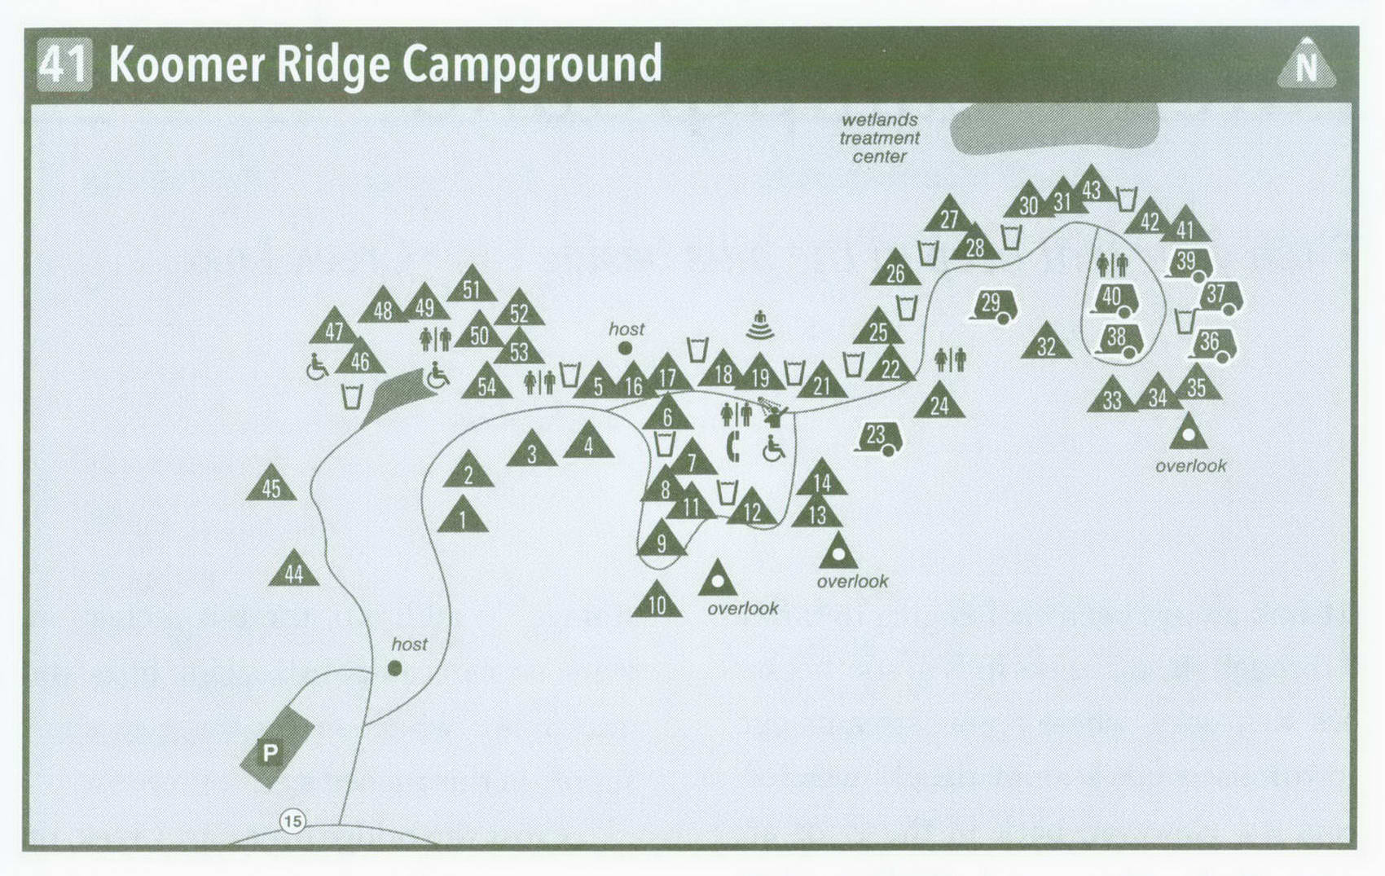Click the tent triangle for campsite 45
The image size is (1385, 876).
(271, 486)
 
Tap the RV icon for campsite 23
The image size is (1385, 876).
(879, 438)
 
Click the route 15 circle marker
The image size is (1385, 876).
(292, 821)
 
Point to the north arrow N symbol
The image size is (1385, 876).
(1306, 64)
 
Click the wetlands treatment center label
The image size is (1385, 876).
(879, 138)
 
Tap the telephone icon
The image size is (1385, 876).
(732, 447)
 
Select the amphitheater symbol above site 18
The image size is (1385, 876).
(759, 326)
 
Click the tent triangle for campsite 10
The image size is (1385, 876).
(657, 602)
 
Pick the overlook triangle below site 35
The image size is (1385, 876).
(1188, 434)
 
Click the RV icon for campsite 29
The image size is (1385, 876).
(994, 306)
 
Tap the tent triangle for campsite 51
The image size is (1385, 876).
(472, 286)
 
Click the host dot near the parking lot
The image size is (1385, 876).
(395, 668)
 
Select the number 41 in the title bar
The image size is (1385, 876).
(64, 64)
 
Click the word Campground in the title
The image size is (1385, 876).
(532, 64)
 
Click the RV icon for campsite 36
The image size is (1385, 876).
(1214, 344)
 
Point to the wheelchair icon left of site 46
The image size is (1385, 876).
(317, 368)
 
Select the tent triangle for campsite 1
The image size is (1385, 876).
(463, 517)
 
